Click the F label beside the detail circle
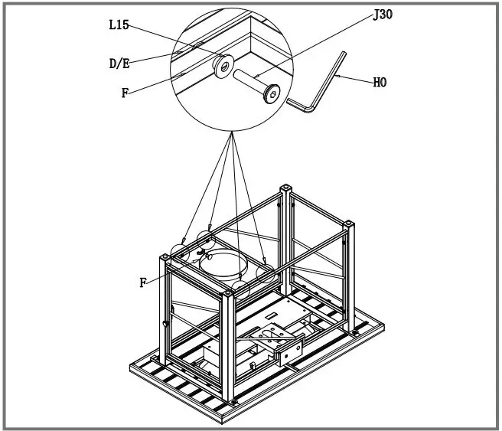pos(124,93)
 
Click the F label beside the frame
pos(142,282)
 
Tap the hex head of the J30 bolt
pos(269,95)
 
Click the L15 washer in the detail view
pos(223,68)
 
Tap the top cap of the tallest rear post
pos(285,187)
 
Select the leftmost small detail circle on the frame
pos(181,250)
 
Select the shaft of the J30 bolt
pos(249,82)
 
